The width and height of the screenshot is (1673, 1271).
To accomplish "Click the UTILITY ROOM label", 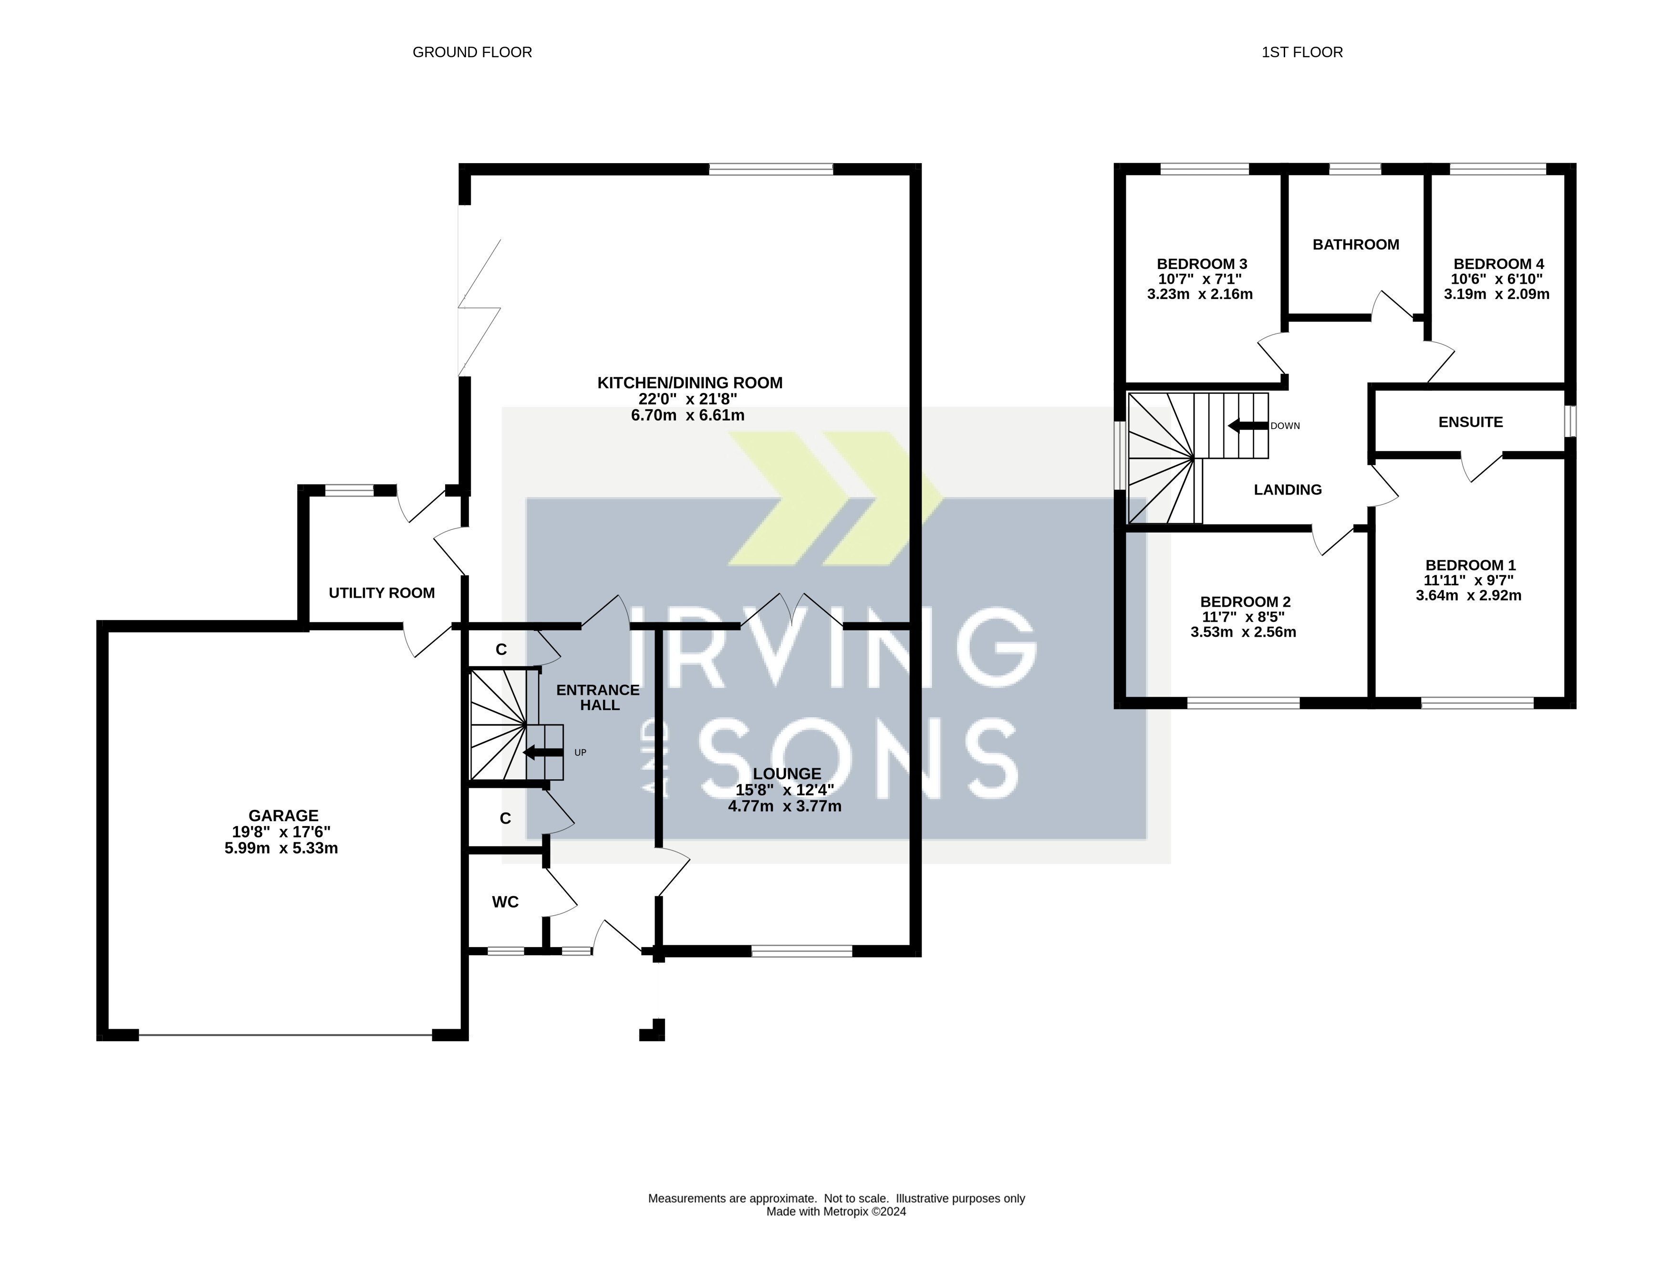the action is pyautogui.click(x=381, y=593).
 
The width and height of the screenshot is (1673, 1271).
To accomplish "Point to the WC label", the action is pyautogui.click(x=505, y=902).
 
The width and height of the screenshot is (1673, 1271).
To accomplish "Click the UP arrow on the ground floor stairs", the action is pyautogui.click(x=542, y=753).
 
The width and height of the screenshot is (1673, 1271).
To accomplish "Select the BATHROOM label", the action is pyautogui.click(x=1355, y=244).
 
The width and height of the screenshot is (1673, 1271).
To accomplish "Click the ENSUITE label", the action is pyautogui.click(x=1470, y=422).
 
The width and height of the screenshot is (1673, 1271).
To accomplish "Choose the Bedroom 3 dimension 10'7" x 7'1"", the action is pyautogui.click(x=1200, y=279).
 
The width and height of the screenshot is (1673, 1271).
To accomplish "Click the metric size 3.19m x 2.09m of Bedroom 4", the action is pyautogui.click(x=1496, y=294).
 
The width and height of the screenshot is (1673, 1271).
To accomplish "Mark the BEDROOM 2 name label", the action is pyautogui.click(x=1245, y=602).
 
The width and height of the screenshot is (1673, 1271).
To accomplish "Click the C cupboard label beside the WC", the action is pyautogui.click(x=506, y=818).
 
